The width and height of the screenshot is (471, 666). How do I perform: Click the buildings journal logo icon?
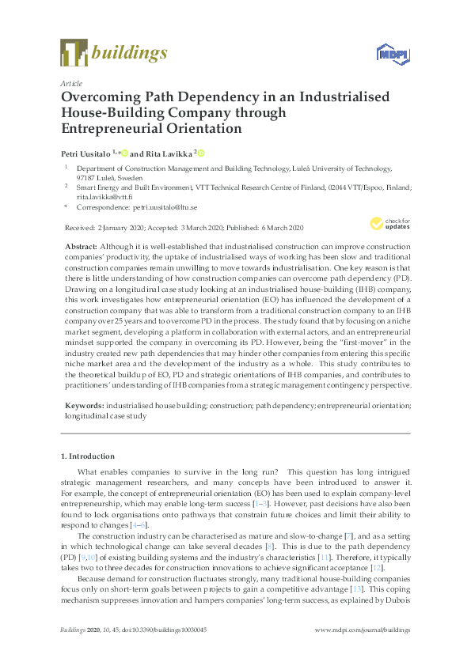[74, 53]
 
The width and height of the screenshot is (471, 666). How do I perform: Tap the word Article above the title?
[71, 82]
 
